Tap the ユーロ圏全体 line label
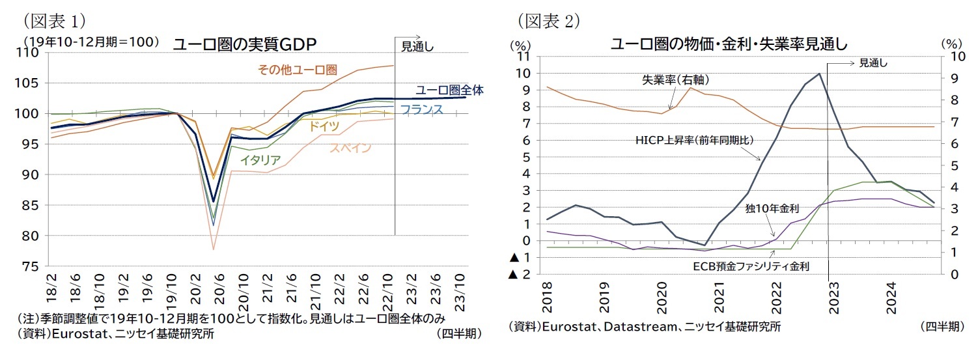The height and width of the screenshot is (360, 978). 449,90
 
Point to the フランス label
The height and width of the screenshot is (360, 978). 421,109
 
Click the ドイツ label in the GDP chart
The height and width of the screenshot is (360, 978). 324,126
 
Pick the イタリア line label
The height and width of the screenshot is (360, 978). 260,159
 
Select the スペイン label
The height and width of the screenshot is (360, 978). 350,148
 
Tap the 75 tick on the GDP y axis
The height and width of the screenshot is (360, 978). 35,266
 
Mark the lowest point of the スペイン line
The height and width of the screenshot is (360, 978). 214,249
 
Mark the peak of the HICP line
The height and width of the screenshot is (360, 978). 819,74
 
